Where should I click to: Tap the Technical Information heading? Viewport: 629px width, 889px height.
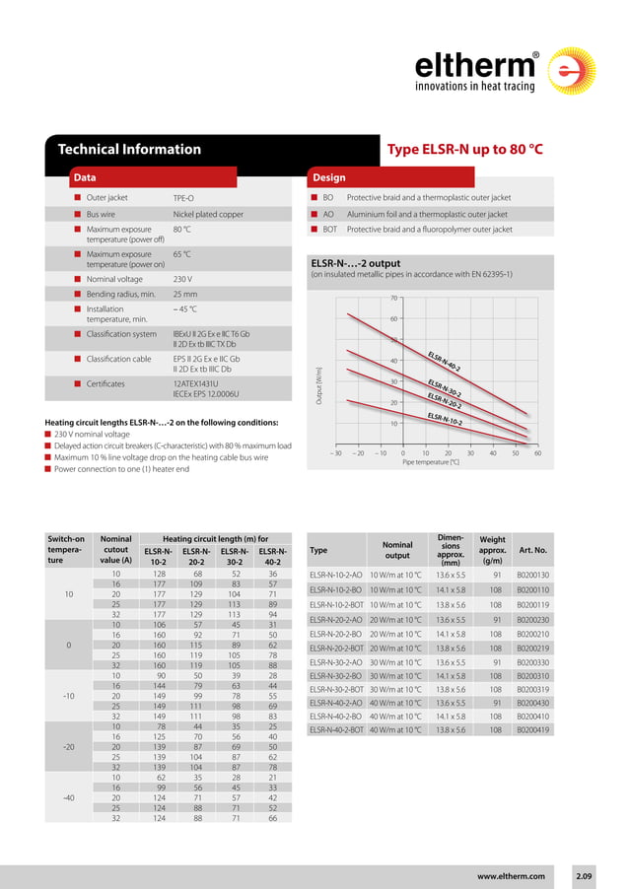(129, 150)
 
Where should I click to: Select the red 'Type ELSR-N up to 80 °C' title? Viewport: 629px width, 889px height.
(465, 150)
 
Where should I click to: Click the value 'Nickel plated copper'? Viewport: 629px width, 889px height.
(208, 214)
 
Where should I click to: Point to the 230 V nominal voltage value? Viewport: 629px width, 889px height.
(182, 279)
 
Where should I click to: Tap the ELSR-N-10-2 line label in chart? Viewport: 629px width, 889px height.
(446, 419)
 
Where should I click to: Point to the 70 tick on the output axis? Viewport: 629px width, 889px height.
(393, 298)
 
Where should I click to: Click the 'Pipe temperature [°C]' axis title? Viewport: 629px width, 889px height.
(430, 462)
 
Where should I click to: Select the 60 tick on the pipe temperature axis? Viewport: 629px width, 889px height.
(537, 453)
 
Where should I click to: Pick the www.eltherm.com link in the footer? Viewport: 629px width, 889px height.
(511, 875)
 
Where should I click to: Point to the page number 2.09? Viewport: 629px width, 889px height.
(585, 875)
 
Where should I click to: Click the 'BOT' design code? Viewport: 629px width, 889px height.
(330, 230)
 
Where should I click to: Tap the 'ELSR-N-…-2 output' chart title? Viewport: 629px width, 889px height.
(355, 263)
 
